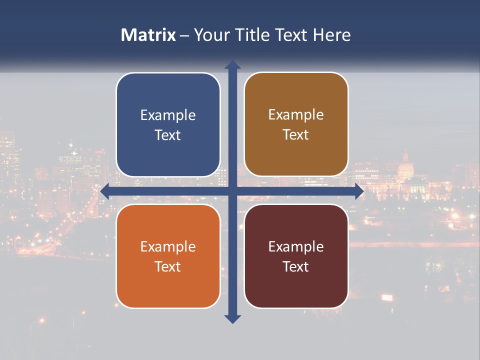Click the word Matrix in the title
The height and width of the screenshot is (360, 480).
point(148,35)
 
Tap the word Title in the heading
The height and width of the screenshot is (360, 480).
point(251,35)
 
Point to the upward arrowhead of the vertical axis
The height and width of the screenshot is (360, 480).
point(232,65)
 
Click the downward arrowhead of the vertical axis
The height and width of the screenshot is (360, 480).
point(232,318)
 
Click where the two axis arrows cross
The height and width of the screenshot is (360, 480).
point(232,191)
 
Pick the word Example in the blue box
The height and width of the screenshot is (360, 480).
point(168,115)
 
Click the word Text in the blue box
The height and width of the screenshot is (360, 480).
point(168,135)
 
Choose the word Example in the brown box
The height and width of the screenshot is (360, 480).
point(296,115)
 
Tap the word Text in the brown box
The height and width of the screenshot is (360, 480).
point(296,135)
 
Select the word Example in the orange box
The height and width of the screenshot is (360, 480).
point(168,247)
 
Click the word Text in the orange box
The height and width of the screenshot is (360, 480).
point(168,267)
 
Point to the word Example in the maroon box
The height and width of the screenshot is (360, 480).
point(296,247)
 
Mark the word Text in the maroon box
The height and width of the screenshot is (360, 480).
point(296,267)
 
